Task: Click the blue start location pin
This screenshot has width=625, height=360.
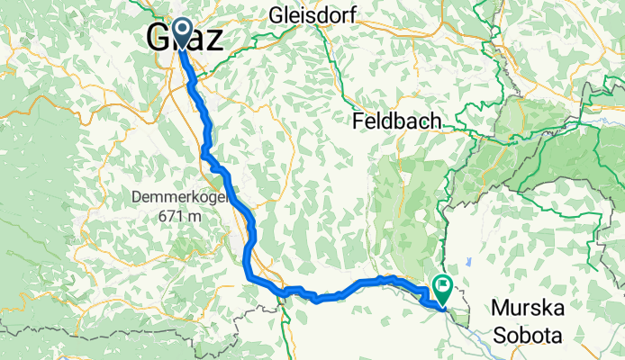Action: coord(181,34)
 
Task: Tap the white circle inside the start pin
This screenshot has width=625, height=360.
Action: coord(181,30)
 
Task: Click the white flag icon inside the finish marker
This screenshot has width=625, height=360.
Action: coord(443,284)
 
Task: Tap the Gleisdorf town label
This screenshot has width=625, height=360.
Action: coord(312,15)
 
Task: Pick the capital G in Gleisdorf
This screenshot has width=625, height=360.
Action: coord(276,15)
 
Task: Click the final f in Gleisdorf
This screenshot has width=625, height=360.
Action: coord(353,15)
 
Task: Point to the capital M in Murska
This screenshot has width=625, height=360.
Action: coord(500,310)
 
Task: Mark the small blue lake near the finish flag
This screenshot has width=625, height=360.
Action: coord(468,262)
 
